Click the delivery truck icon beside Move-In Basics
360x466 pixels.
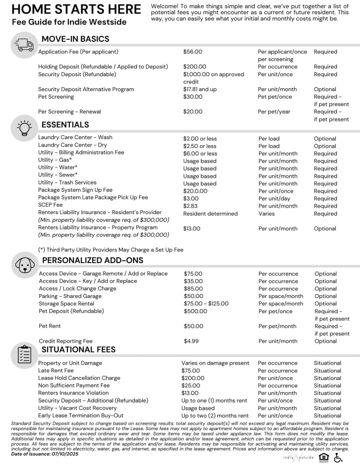(24, 45)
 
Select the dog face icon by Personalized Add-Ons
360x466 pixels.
(24, 265)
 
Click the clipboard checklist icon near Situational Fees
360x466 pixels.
(24, 354)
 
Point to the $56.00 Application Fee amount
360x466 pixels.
(193, 52)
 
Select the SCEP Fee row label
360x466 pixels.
(50, 205)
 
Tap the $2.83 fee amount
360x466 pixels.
(191, 206)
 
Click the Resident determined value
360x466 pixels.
(210, 214)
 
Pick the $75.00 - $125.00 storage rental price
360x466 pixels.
(206, 304)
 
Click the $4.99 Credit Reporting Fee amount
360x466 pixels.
(191, 341)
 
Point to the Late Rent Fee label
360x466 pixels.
(56, 371)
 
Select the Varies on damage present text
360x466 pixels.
(215, 363)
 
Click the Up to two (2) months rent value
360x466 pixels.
(215, 416)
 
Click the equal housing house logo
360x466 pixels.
(324, 457)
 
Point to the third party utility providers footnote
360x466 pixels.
(111, 250)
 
